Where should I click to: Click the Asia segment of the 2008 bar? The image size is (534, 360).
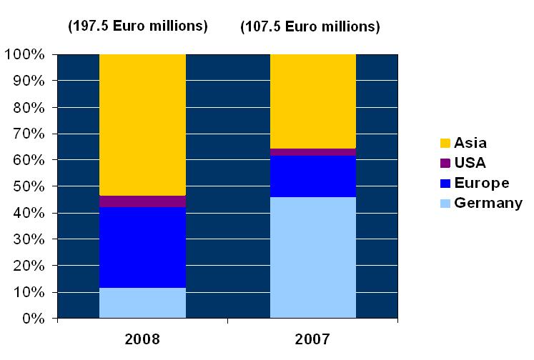[142, 124]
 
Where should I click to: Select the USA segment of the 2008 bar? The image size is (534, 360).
[142, 201]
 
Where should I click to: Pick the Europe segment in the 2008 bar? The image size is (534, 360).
[142, 247]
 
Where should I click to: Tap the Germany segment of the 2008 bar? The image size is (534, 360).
[142, 303]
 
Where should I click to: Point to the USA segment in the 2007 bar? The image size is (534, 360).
[312, 152]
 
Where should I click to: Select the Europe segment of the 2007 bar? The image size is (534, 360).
[312, 176]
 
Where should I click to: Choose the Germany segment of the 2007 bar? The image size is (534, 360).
[312, 257]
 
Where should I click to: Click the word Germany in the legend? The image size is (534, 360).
[489, 203]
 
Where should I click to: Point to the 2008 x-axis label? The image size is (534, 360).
[142, 338]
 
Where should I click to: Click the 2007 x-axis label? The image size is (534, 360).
[312, 338]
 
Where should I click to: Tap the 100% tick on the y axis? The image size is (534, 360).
[26, 54]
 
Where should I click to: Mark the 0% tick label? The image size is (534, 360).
[33, 319]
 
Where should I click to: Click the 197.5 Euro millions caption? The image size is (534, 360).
[137, 26]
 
